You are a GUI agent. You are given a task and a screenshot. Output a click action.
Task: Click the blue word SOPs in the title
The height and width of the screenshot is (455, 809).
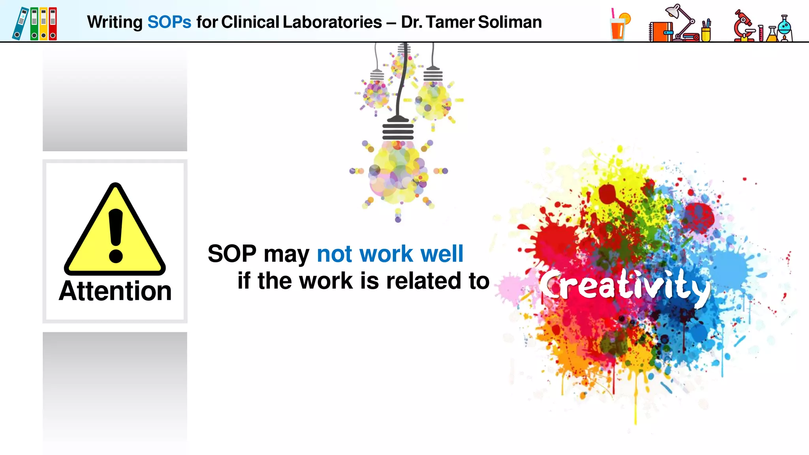coord(169,22)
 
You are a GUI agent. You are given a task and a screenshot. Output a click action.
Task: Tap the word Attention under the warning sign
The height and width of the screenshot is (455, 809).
coord(115,291)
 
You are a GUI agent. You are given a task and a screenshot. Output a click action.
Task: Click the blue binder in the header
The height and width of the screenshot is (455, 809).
coord(20,24)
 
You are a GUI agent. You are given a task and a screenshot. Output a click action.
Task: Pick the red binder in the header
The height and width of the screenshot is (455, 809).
coord(53,24)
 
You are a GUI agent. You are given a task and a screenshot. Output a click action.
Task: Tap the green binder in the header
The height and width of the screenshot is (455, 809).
coord(34,24)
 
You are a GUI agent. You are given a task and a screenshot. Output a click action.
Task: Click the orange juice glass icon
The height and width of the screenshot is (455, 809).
coord(619,26)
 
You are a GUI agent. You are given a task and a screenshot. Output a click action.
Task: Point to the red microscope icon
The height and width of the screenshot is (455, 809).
coord(743,26)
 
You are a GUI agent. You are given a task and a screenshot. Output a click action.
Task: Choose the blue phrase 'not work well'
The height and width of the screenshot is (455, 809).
coord(390,254)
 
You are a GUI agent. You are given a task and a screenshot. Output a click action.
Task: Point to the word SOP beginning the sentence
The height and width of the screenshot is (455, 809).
coord(232,254)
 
